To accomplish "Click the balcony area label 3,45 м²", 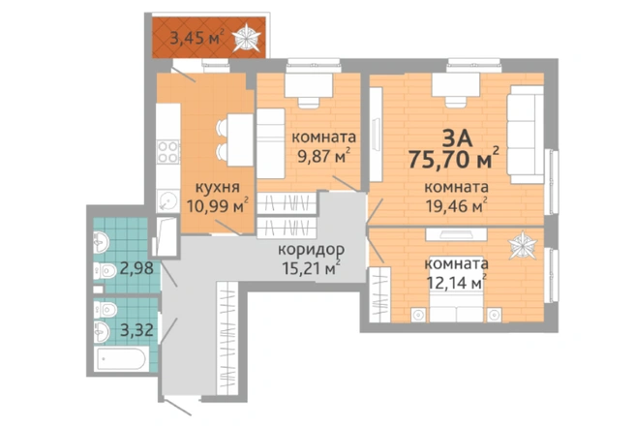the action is (197, 38).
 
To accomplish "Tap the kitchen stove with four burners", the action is (168, 152).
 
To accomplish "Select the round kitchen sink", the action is (167, 200).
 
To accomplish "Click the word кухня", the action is (217, 187).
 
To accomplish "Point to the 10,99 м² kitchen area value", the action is (217, 206).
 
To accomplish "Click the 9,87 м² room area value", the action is (323, 156).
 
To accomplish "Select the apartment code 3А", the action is (457, 138).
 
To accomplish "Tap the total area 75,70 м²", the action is (454, 159).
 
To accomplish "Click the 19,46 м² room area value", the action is (456, 206).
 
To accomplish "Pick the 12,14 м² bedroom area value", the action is (457, 283).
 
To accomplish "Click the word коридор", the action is (311, 250).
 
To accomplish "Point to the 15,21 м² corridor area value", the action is (311, 268).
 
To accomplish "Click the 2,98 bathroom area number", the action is (136, 268).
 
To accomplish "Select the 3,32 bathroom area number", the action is (136, 330).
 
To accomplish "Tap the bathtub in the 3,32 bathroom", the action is (121, 358).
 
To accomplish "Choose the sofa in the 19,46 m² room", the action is (526, 135).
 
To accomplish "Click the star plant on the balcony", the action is (246, 38).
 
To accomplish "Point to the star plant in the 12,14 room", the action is (523, 245).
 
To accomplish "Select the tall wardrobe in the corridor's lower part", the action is (227, 338).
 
